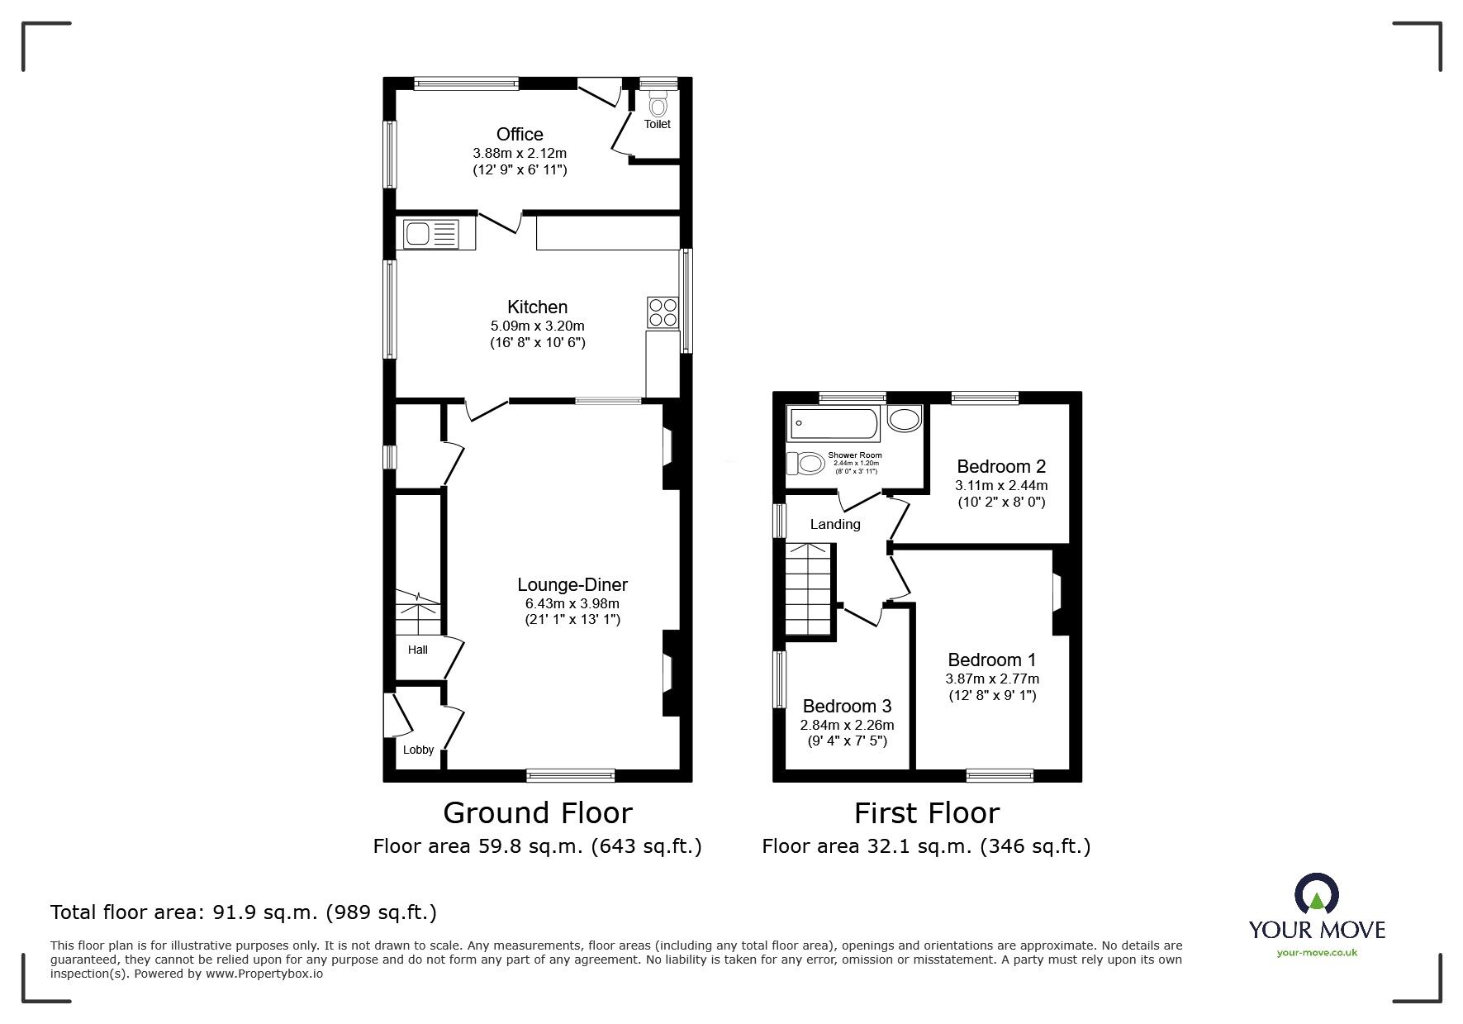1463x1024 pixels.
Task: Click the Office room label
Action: [520, 134]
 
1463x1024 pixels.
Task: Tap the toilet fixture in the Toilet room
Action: [658, 105]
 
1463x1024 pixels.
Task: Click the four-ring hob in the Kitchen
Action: [663, 312]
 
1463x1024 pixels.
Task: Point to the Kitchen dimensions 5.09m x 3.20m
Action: [537, 326]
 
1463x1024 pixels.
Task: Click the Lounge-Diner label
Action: [572, 584]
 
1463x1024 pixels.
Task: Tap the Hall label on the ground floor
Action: [417, 650]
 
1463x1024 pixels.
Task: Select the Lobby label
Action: [418, 750]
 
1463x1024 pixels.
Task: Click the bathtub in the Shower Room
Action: [834, 425]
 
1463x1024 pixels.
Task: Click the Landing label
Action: [834, 524]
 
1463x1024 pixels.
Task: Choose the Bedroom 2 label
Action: [1001, 466]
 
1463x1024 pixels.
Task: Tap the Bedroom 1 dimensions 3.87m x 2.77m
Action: [992, 679]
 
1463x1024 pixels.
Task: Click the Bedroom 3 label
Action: [847, 706]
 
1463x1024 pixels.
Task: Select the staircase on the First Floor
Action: [807, 588]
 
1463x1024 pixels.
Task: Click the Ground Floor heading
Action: [538, 812]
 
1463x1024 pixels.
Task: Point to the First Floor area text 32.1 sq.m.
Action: [926, 846]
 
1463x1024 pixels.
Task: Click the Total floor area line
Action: [244, 912]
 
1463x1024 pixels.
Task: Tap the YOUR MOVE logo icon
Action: [1316, 896]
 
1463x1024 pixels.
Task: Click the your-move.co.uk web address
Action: [1317, 953]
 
